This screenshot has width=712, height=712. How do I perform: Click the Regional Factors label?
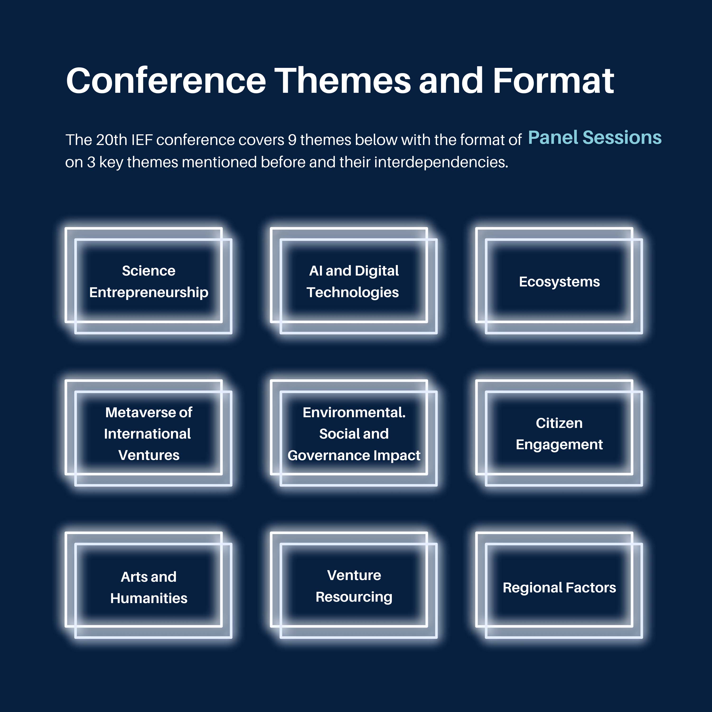coord(559,587)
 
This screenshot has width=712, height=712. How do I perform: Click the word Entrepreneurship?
coord(149,293)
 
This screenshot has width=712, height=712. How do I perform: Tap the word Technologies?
coord(353,293)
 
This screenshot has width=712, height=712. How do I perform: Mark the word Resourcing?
coord(354,597)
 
